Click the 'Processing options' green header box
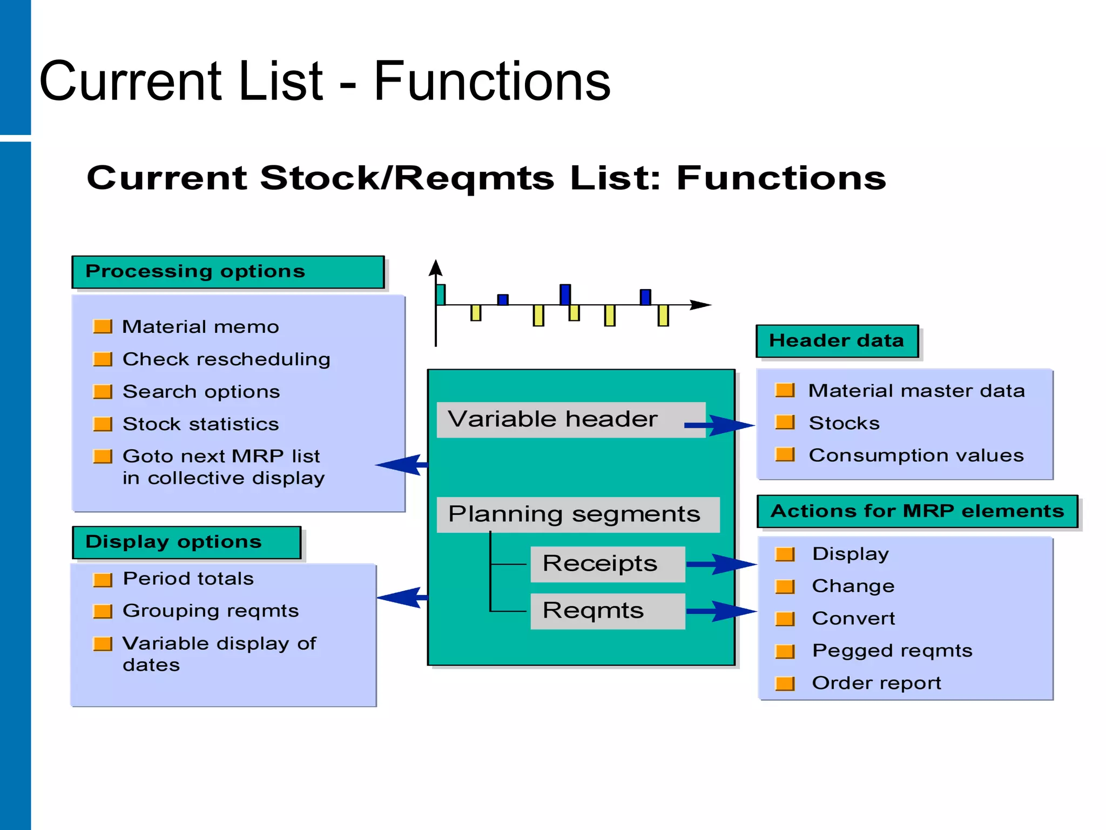point(227,272)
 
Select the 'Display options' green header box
point(186,542)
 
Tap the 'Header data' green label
point(837,341)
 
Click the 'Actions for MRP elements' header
point(917,511)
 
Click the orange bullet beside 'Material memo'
point(103,326)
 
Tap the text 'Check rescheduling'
point(226,359)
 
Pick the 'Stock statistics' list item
point(200,424)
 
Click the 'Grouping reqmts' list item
point(211,611)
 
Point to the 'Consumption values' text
point(916,456)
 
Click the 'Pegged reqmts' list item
point(892,651)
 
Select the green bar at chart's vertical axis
point(441,294)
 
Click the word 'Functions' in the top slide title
point(491,82)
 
